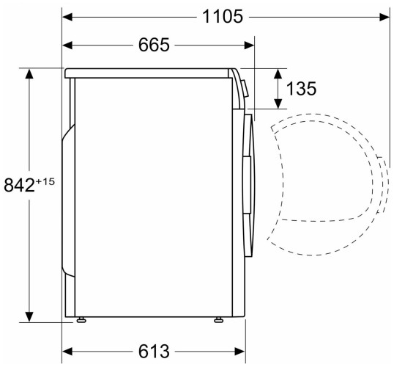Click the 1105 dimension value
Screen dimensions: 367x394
[x=223, y=16]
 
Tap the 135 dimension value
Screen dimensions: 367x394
[x=301, y=90]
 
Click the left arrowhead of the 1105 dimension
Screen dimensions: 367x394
[x=68, y=16]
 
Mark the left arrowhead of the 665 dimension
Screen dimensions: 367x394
[x=68, y=45]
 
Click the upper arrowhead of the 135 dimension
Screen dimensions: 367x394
[x=280, y=73]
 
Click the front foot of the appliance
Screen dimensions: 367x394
[x=218, y=321]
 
